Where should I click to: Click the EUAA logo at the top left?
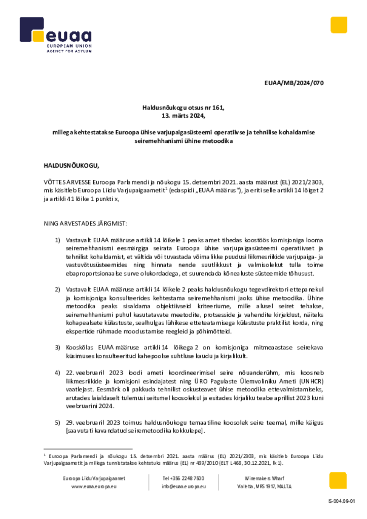pyautogui.click(x=56, y=35)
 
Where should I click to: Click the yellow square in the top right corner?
pyautogui.click(x=339, y=25)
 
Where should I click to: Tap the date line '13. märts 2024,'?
pyautogui.click(x=183, y=115)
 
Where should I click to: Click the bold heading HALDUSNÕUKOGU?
pyautogui.click(x=71, y=165)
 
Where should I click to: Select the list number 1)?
pyautogui.click(x=58, y=239)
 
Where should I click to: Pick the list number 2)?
pyautogui.click(x=58, y=288)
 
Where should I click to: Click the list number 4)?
pyautogui.click(x=58, y=373)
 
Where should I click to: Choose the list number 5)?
pyautogui.click(x=58, y=422)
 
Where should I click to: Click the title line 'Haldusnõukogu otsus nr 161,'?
pyautogui.click(x=183, y=107)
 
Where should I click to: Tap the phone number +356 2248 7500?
pyautogui.click(x=183, y=478)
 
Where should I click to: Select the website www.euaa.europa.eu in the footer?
pyautogui.click(x=94, y=487)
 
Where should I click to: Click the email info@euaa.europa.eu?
pyautogui.click(x=183, y=487)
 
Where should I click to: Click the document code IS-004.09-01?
pyautogui.click(x=342, y=501)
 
